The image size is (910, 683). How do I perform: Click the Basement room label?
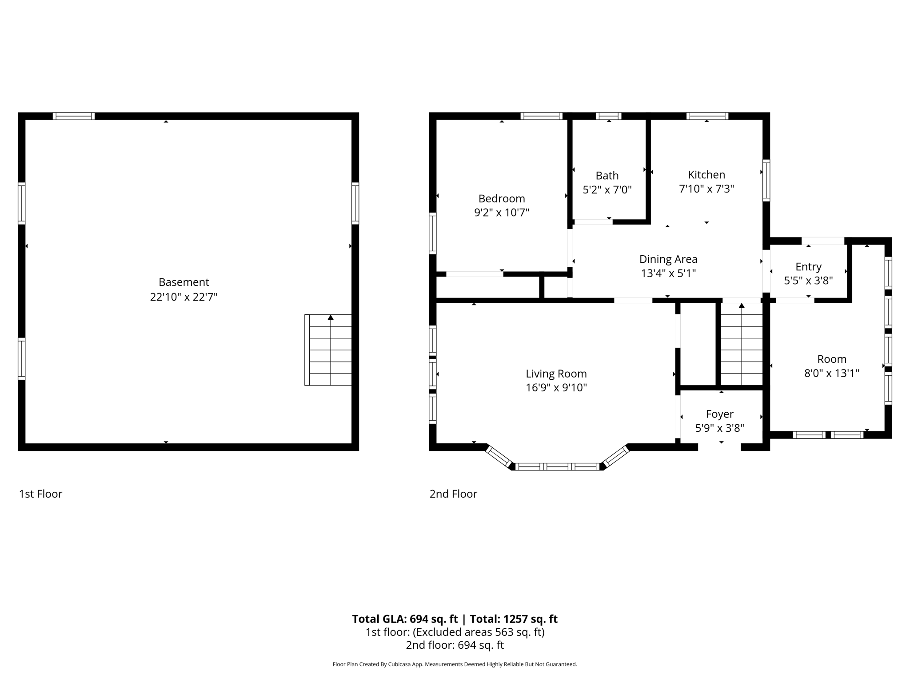coord(184,282)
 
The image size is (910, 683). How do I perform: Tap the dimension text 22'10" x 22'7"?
coord(184,297)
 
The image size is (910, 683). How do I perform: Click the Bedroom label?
coord(501,198)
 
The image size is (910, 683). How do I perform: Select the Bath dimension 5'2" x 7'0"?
coord(607,190)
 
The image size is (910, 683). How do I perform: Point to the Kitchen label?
coord(706,175)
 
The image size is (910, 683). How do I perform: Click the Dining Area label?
coord(668,259)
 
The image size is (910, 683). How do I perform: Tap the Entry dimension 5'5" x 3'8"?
coord(808,281)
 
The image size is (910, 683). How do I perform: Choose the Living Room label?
coord(556,374)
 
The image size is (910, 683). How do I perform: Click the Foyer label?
coord(719,414)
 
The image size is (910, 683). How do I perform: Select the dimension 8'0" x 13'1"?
coord(831,373)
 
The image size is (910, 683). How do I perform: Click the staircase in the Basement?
coord(329,350)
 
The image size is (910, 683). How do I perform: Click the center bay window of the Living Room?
coord(557,466)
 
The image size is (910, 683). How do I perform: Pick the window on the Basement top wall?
coord(74,116)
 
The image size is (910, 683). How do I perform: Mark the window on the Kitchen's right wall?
coord(766,180)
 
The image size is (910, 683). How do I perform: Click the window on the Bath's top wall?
coord(608,116)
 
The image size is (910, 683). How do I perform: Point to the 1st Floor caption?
coord(40,494)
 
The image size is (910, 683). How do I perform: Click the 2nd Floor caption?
coord(453,494)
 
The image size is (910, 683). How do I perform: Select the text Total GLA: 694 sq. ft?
coord(404,619)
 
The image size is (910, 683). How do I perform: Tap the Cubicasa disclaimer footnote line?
coord(455,664)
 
